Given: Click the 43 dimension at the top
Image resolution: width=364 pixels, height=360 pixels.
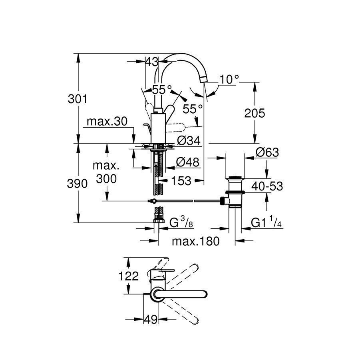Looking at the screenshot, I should (x=151, y=62).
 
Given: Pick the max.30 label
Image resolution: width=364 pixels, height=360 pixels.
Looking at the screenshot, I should (x=105, y=122).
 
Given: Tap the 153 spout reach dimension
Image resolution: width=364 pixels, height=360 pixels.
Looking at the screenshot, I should (x=181, y=181).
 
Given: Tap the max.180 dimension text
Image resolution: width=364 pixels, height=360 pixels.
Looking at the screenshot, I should (x=196, y=241).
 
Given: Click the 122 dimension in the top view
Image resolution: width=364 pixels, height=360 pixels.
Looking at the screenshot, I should (x=128, y=276).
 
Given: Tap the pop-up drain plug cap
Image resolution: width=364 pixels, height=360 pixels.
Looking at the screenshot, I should (x=235, y=177).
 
